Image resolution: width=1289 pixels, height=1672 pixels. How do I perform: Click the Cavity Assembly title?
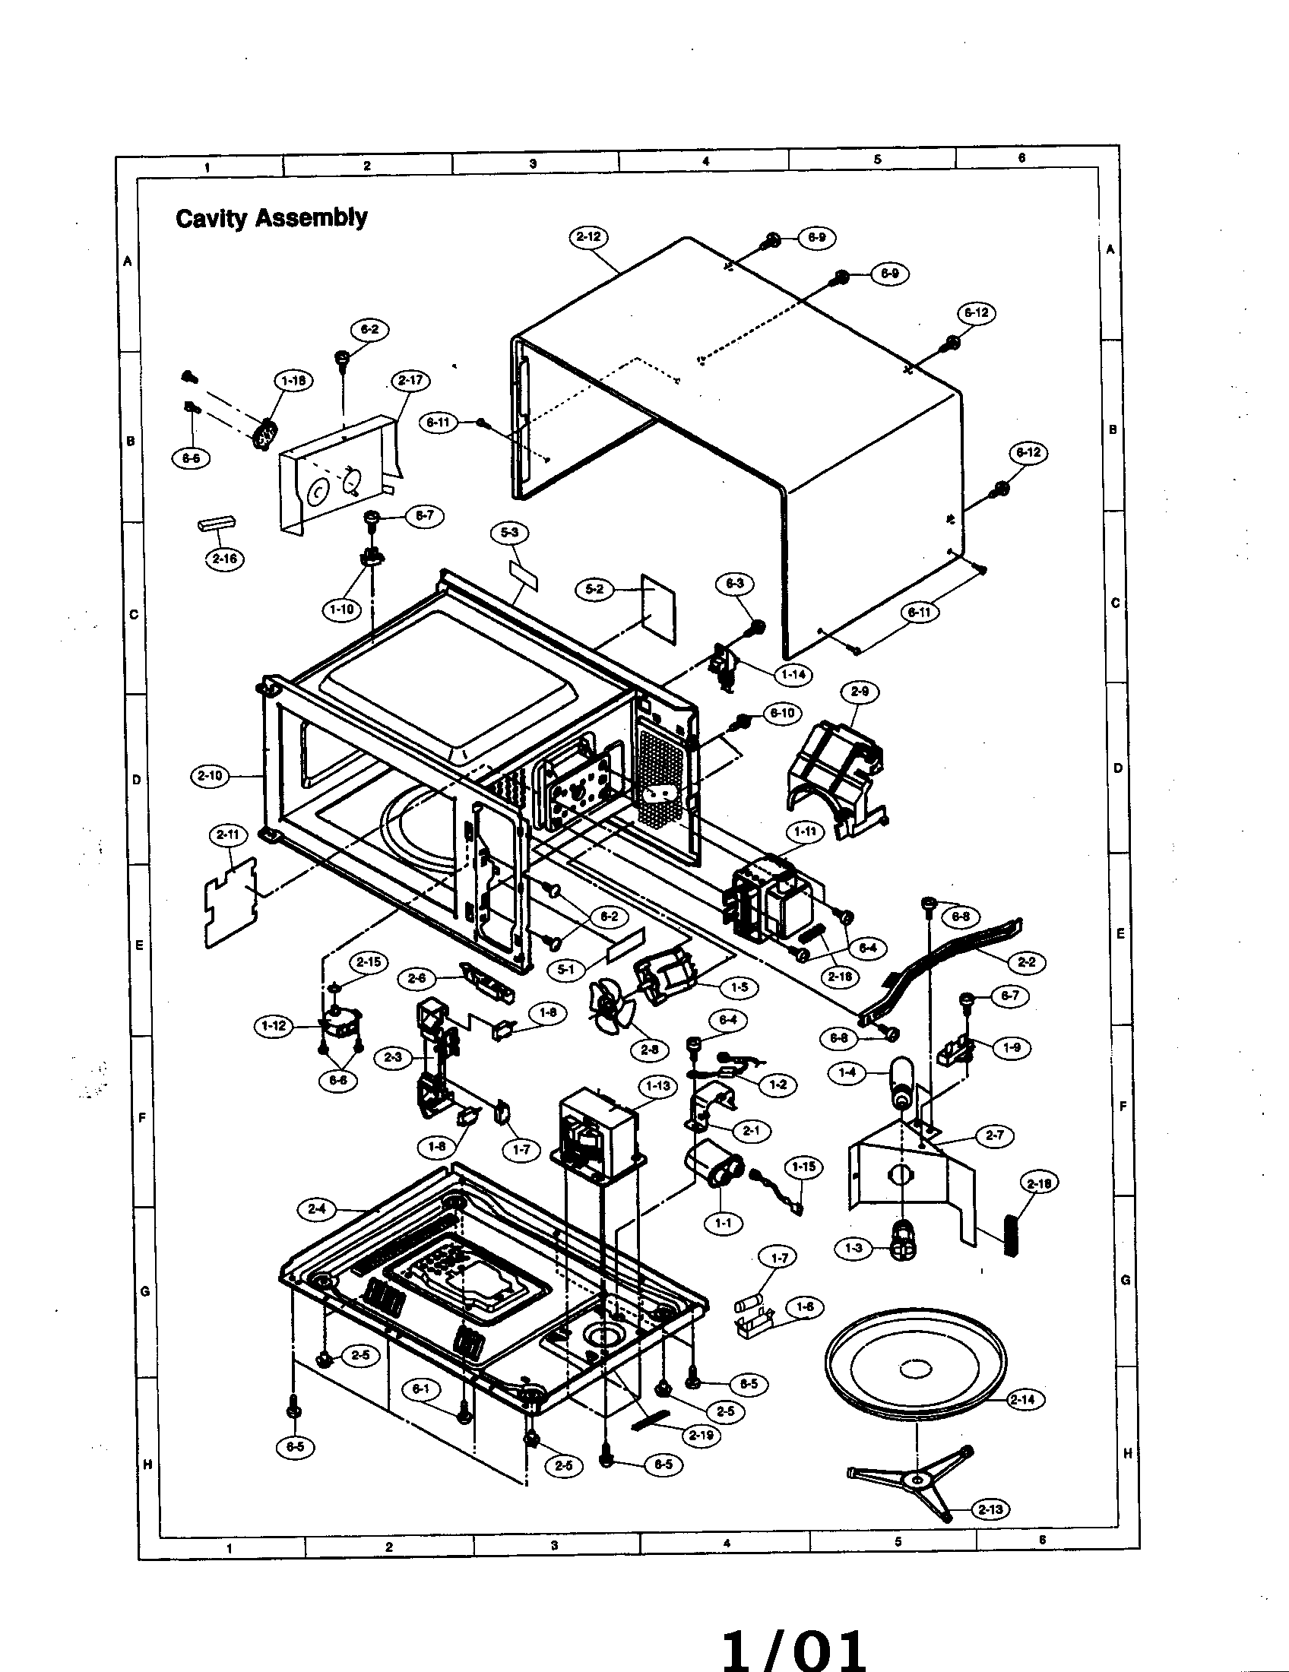271,218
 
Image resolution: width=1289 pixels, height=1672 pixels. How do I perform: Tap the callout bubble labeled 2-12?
588,236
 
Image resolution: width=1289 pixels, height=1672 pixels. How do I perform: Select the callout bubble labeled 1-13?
657,1086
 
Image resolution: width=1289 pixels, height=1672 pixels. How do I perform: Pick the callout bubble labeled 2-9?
860,692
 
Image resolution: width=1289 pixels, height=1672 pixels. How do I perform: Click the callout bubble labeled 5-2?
594,590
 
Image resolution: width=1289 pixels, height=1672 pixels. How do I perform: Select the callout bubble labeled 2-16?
224,559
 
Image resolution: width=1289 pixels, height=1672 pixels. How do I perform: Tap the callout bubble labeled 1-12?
274,1026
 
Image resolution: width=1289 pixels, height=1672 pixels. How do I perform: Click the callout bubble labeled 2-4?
317,1210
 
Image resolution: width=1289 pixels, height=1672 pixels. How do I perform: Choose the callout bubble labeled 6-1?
421,1389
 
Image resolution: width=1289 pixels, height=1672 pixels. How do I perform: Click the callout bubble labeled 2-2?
1027,961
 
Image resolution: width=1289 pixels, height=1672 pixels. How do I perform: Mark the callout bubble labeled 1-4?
847,1073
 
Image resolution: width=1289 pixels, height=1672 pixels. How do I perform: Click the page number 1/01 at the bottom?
794,1646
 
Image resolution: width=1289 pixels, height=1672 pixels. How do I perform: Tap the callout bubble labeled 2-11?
228,834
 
